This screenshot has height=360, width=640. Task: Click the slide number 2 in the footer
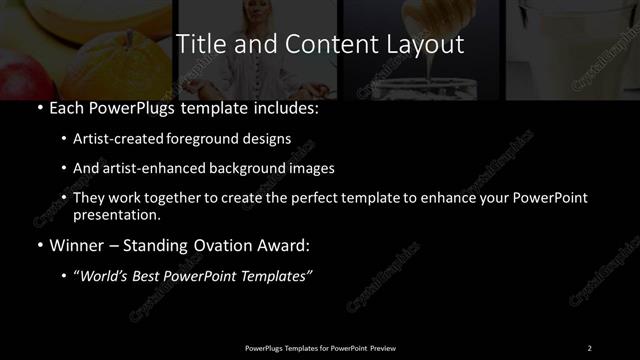click(x=589, y=347)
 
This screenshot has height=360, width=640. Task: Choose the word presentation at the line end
click(x=116, y=214)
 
